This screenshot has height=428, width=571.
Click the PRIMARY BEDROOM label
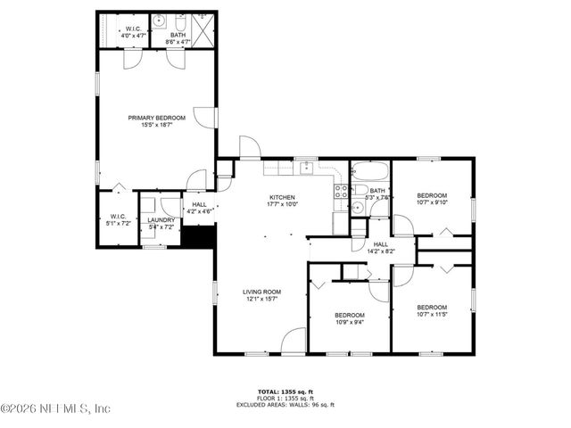tap(156, 118)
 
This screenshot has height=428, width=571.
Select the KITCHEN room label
tap(282, 197)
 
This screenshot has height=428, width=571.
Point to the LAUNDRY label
tap(161, 219)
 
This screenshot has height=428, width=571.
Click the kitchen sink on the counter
tap(305, 167)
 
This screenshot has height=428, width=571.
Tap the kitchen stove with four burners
tap(340, 189)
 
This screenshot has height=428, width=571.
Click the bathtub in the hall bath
tap(369, 171)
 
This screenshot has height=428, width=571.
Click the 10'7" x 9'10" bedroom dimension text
tap(432, 202)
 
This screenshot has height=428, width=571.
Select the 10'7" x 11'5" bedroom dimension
tap(432, 314)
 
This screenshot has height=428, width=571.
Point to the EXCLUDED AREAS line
tap(285, 404)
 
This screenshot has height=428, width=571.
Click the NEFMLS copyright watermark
tap(55, 409)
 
